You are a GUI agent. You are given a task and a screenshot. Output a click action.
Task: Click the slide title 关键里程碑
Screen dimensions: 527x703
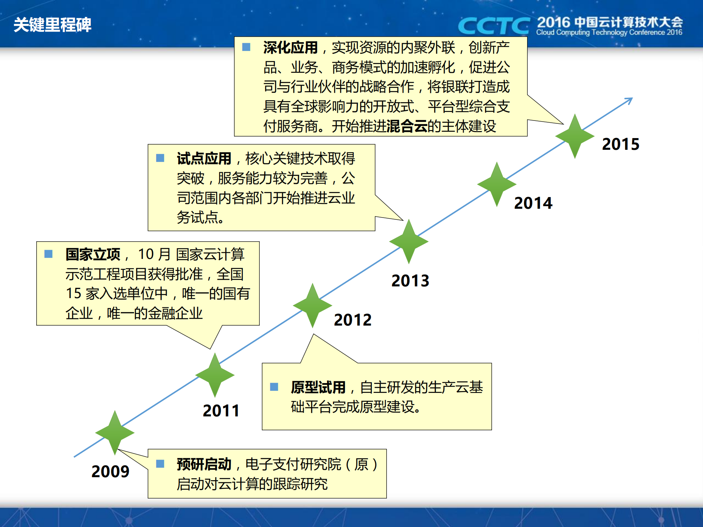[x=52, y=25]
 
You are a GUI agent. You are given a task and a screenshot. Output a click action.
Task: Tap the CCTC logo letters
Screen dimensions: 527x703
[x=493, y=26]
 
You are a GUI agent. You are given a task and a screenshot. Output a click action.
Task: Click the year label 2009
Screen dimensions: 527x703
[x=110, y=471]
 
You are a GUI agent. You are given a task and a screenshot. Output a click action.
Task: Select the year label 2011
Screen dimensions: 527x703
[x=221, y=411]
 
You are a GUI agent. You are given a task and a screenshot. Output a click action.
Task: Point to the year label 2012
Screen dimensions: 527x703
[x=352, y=320]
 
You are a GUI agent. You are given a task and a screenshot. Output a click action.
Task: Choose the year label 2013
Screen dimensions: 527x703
[x=410, y=281]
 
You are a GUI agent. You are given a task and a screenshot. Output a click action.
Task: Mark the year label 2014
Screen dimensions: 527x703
[x=533, y=203]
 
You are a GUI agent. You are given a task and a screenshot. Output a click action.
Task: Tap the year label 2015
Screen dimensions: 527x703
[x=621, y=144]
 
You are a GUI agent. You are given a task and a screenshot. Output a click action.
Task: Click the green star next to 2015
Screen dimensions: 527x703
[x=575, y=136]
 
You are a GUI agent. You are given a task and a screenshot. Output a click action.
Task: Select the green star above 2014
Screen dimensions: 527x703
[x=497, y=184]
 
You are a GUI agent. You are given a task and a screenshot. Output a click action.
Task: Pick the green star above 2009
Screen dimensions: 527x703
[x=115, y=433]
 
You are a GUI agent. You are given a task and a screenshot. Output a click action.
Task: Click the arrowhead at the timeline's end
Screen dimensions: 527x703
[x=629, y=100]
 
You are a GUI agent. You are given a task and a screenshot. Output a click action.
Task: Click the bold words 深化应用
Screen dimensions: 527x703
[x=290, y=48]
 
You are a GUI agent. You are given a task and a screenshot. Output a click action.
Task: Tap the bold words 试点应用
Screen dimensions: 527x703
[x=204, y=159]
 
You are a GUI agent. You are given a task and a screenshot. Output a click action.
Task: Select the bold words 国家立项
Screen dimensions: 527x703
[x=93, y=254]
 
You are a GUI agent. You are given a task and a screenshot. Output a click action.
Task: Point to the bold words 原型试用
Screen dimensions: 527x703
[x=318, y=387]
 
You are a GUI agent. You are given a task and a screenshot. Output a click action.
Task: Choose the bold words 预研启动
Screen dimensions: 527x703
[x=204, y=464]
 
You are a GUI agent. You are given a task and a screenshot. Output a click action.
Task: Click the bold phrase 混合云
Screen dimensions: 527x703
[x=407, y=126]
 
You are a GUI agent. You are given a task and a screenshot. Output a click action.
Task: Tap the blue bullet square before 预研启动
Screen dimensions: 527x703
[x=160, y=464]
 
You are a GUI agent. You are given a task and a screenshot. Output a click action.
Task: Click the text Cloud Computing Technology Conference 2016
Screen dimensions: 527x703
[x=609, y=33]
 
